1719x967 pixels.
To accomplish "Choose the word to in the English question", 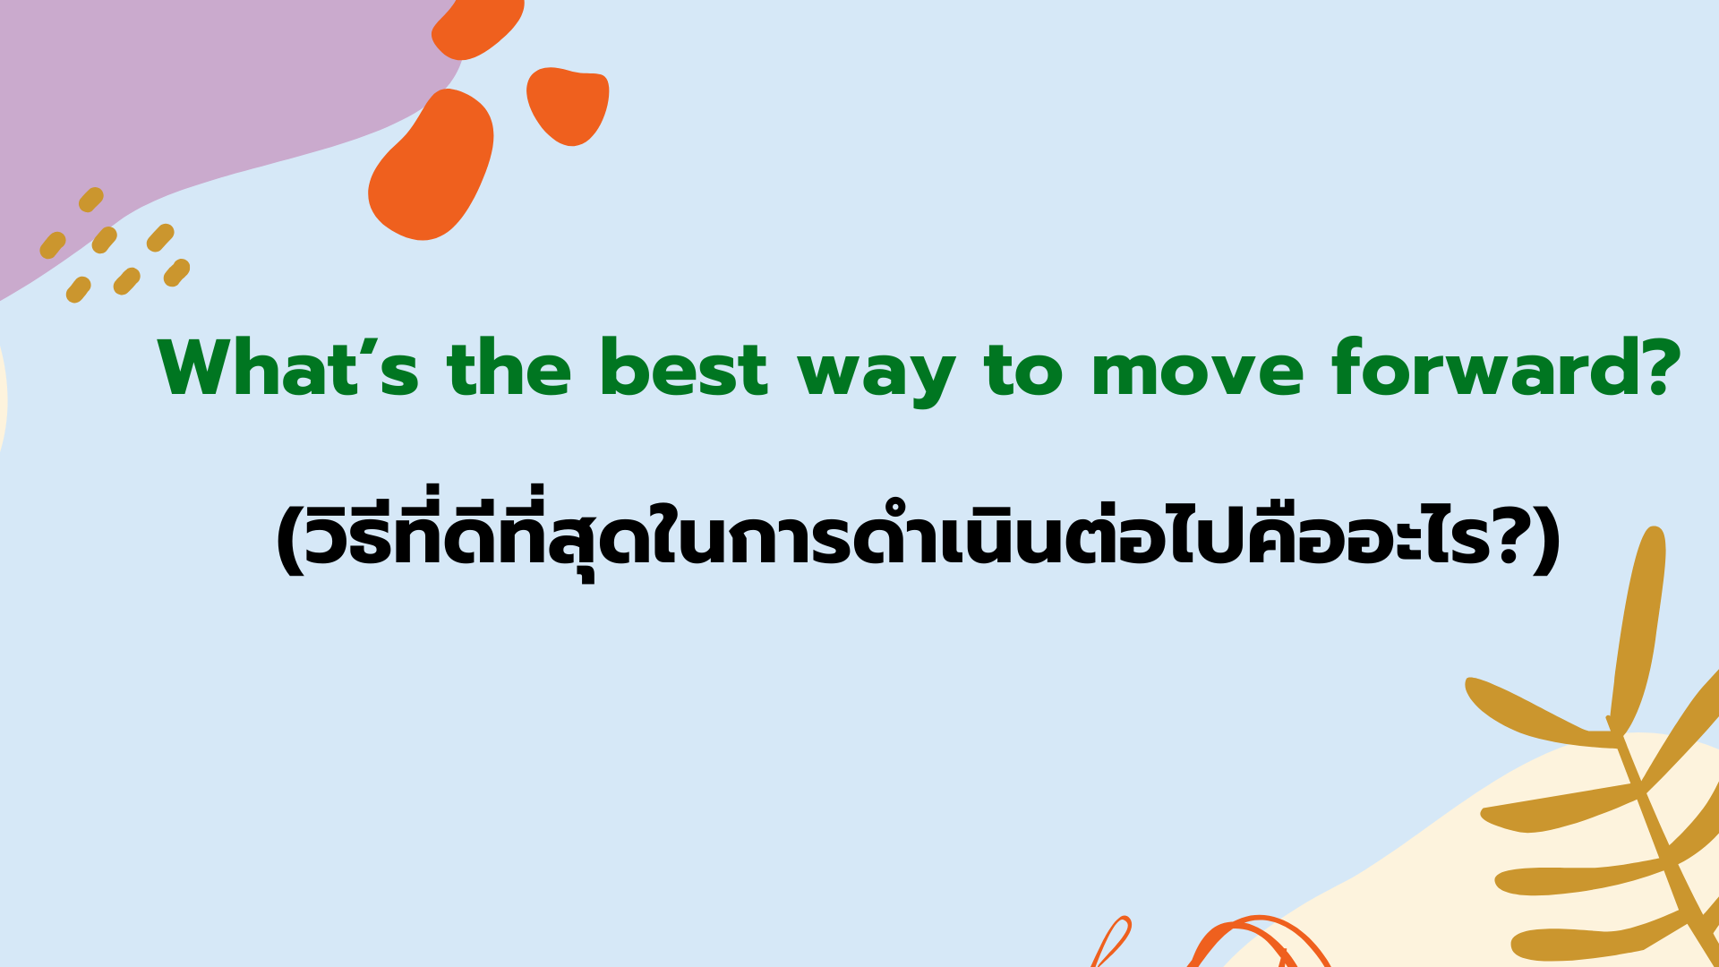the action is point(1023,369).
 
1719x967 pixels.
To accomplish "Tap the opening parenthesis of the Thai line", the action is point(288,542).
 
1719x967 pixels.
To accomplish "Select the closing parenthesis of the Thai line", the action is point(1548,542).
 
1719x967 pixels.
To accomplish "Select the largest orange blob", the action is point(431,165).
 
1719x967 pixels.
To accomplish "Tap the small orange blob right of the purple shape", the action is point(568,106).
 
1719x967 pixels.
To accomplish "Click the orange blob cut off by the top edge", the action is point(477,27).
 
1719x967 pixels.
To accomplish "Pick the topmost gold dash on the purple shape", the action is point(91,200).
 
